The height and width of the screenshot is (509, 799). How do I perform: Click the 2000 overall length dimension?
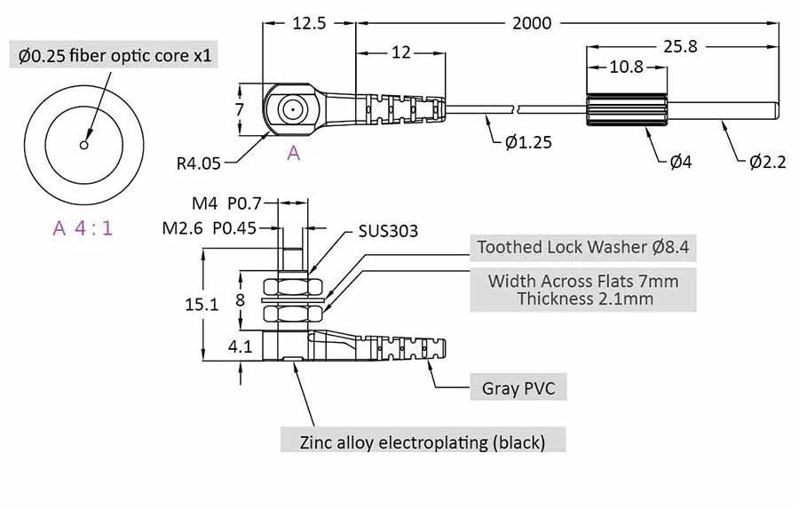[532, 22]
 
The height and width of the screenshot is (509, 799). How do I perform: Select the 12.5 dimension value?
[308, 22]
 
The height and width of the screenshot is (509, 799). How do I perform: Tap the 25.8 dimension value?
[678, 45]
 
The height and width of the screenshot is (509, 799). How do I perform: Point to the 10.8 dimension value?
[626, 67]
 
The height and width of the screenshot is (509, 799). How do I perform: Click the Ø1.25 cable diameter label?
[530, 142]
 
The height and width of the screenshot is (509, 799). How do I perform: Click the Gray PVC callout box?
[518, 388]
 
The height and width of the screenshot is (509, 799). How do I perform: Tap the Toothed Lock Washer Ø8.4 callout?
[582, 247]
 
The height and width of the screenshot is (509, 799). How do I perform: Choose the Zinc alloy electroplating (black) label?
[423, 441]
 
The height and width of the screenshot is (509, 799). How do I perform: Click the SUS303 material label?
[388, 231]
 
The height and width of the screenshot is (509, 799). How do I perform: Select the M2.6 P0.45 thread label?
[210, 227]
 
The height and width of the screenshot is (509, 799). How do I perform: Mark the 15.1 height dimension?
[201, 304]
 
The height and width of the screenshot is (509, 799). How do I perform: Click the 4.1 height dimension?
[240, 346]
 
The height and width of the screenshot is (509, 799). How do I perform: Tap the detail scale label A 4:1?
[83, 227]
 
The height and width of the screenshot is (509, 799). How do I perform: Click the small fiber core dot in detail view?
[83, 144]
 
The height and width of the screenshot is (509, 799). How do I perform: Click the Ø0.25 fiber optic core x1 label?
[115, 57]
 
